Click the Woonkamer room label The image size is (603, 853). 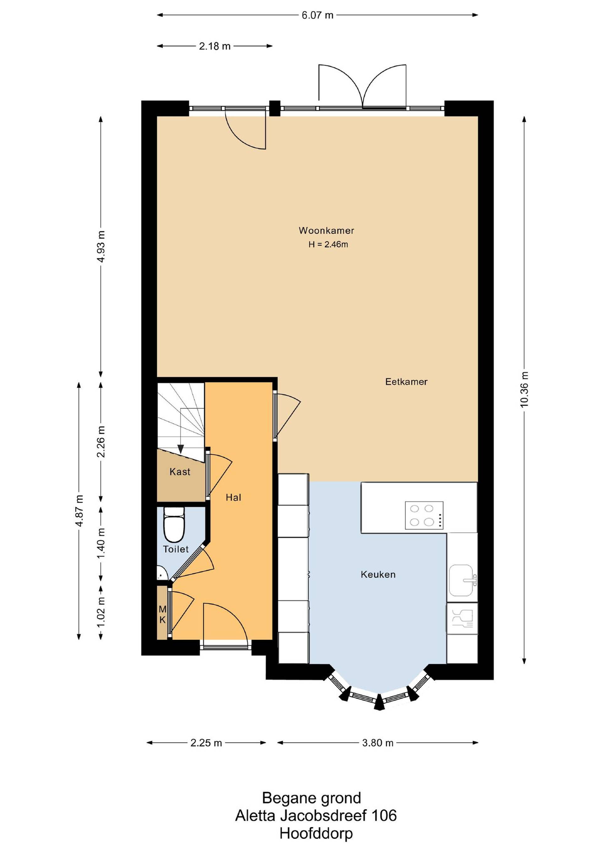326,230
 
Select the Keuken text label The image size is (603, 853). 378,574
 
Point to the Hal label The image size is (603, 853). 234,497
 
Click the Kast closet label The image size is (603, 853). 180,472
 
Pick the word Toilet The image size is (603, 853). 176,549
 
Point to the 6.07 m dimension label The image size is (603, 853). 318,15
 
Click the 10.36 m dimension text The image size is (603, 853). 524,389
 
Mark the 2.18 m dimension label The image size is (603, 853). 215,46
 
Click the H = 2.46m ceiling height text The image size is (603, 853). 328,244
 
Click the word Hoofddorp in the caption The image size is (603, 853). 316,833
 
